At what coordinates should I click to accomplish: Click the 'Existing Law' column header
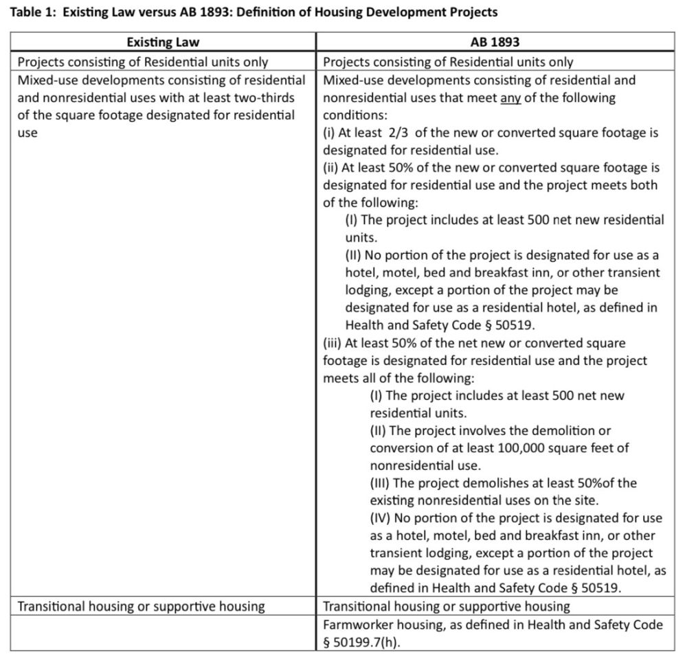(162, 43)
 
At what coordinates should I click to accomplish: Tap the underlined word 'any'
(510, 97)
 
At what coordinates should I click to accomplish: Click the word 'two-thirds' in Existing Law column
(258, 97)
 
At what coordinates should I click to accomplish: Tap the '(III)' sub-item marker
(382, 482)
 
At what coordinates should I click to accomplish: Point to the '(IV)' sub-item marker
(382, 517)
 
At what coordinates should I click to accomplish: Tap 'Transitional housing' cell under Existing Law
(141, 606)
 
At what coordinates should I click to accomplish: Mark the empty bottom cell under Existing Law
(162, 633)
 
